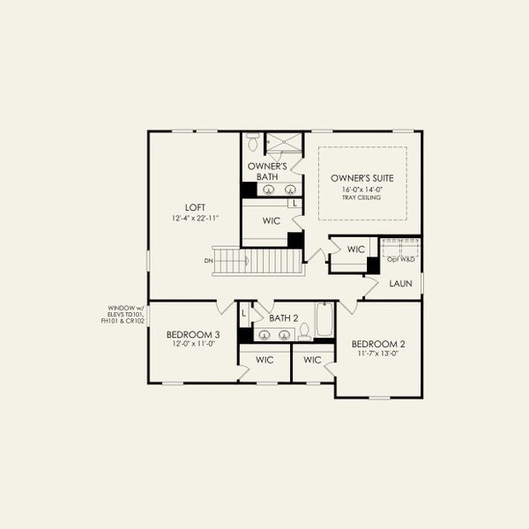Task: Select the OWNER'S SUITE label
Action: pos(362,177)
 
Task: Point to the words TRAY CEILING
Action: pos(362,197)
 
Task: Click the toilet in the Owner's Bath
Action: pos(252,142)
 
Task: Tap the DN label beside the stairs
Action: pos(207,261)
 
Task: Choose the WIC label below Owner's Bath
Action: pos(272,220)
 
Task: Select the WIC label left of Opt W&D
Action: pos(355,250)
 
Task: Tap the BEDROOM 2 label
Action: pos(377,343)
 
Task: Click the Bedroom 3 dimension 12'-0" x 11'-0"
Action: pos(193,346)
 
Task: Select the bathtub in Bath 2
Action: pos(324,322)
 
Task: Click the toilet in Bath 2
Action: pos(304,331)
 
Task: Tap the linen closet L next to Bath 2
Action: pos(244,312)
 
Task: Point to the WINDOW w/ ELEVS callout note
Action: pos(123,315)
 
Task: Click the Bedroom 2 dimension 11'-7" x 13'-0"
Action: pos(377,354)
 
